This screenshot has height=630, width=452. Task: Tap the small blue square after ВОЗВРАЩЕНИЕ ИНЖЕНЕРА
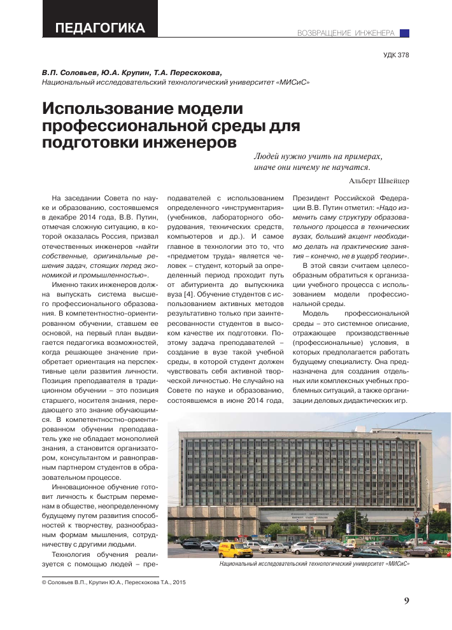click(404, 32)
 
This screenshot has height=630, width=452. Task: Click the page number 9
click(406, 601)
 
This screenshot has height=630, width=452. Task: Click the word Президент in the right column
click(311, 197)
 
